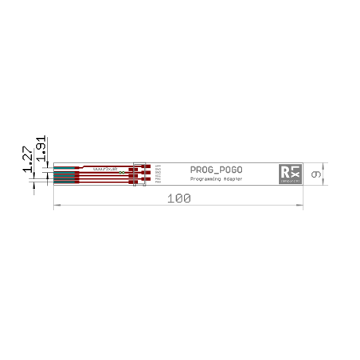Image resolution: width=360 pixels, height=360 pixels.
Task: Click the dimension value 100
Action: pos(179,198)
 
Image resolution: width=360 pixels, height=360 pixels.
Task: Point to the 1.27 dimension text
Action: pos(28,160)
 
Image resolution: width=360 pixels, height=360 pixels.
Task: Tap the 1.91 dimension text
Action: pos(40,147)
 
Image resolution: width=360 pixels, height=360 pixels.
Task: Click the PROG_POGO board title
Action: pos(217,170)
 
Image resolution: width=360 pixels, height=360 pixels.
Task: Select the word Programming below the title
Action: pos(204,180)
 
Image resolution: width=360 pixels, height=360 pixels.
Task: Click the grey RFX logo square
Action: pos(290,174)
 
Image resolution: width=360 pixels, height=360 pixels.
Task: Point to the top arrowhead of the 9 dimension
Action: pos(323,165)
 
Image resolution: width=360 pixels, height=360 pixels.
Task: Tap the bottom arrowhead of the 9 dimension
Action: pos(323,184)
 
